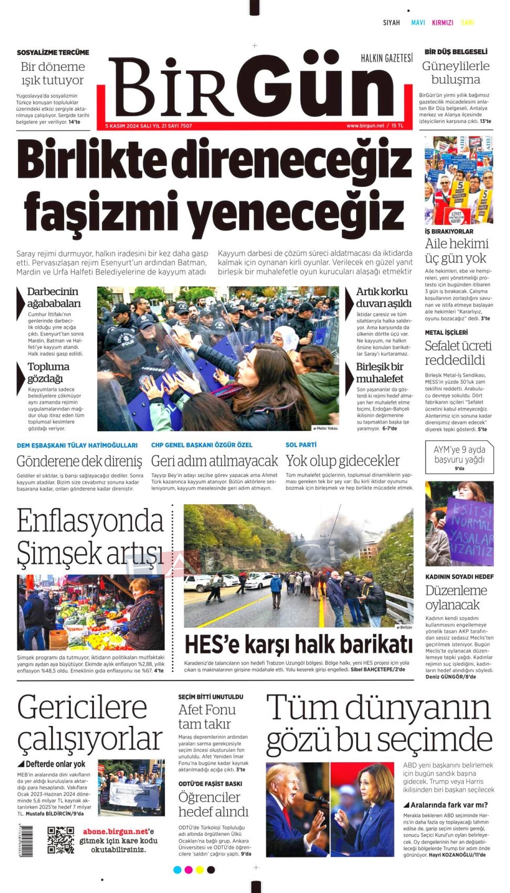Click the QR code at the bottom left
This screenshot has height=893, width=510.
[x=60, y=840]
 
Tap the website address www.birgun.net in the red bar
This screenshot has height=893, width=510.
[x=365, y=126]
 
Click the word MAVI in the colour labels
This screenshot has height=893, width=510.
[x=418, y=23]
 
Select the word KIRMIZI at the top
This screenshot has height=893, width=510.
[x=442, y=23]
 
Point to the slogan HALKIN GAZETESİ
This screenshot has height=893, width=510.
[x=387, y=58]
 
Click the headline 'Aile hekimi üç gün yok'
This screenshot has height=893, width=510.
[x=456, y=251]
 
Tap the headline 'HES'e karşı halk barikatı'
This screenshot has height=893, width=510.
[x=298, y=645]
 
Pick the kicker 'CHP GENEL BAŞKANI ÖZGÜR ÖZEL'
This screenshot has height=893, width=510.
[x=202, y=445]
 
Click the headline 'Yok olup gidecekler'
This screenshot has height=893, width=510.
[x=342, y=461]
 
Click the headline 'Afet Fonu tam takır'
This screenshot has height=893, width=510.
[x=207, y=717]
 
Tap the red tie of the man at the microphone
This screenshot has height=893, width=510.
[x=287, y=818]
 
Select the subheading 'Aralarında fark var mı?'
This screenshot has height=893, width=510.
[x=449, y=805]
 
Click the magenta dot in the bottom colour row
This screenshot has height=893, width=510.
[x=189, y=870]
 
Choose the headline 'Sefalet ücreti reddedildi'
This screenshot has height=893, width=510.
[x=458, y=353]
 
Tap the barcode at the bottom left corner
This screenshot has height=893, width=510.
[x=26, y=841]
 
